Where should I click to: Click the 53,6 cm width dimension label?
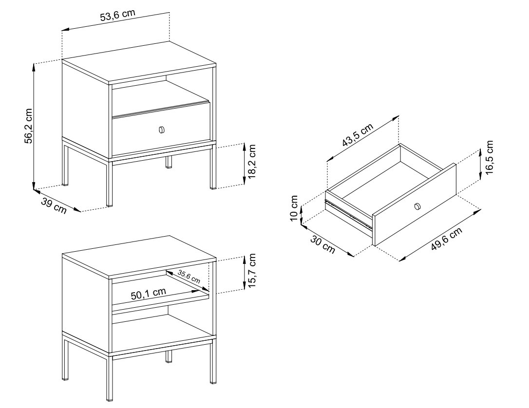click(x=117, y=16)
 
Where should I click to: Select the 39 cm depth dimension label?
click(x=54, y=205)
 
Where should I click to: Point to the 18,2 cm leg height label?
click(x=252, y=161)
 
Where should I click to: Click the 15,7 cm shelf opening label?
click(x=252, y=270)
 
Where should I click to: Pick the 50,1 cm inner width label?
click(x=149, y=294)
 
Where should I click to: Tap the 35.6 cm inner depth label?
click(x=189, y=277)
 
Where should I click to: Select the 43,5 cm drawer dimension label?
click(x=358, y=134)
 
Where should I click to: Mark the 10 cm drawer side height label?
click(x=294, y=209)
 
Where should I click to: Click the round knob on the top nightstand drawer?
click(x=162, y=130)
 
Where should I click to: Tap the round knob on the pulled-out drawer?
click(x=417, y=206)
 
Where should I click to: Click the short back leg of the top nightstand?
click(x=169, y=162)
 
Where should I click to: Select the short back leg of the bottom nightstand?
click(x=169, y=356)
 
